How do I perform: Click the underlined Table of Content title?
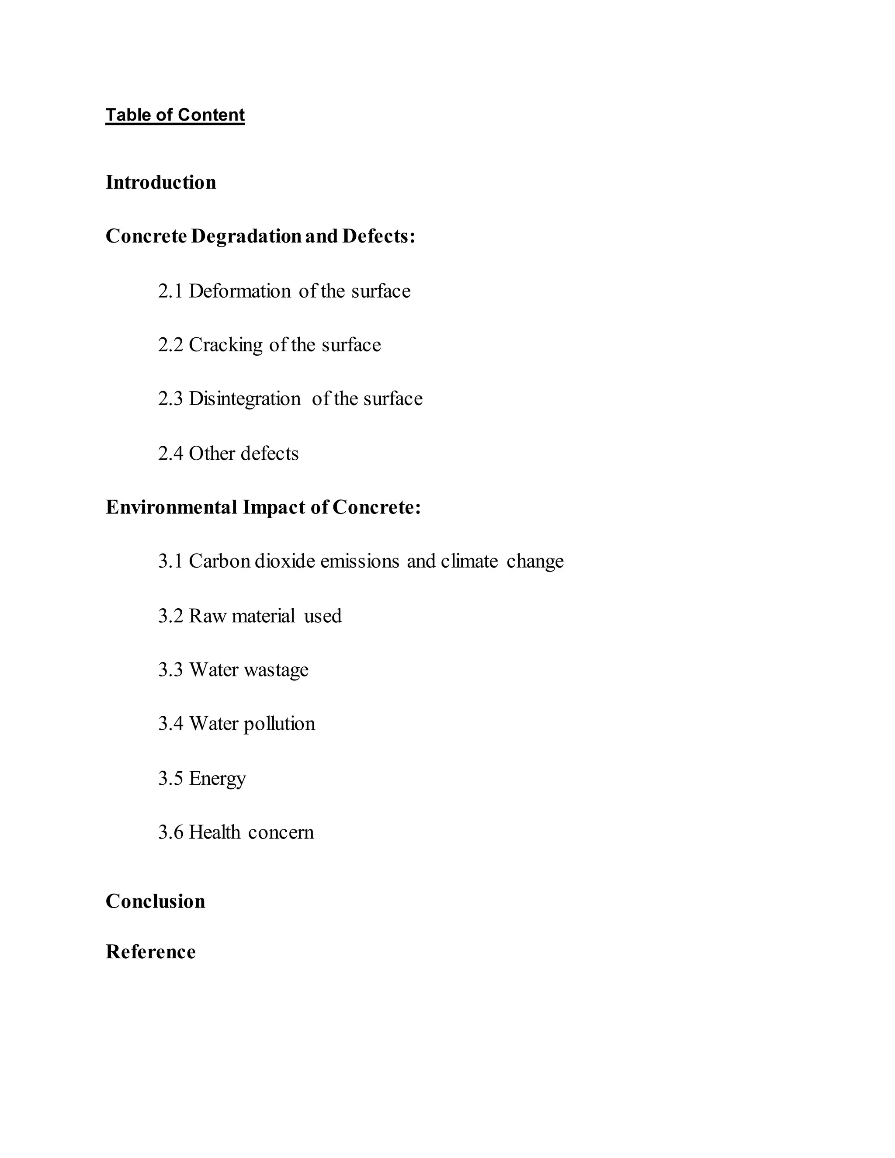coord(175,115)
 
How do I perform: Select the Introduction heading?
coord(161,182)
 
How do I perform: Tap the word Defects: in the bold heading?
coord(378,236)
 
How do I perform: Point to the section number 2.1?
coord(170,291)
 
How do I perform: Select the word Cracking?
coord(225,345)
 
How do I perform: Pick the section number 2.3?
coord(170,399)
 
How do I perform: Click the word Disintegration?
coord(244,399)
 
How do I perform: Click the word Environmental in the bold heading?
coord(171,507)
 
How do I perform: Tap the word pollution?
coord(279,724)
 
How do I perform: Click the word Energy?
coord(217,779)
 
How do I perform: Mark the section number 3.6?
coord(170,832)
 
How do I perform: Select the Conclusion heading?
coord(155,901)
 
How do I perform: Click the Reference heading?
coord(151,952)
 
